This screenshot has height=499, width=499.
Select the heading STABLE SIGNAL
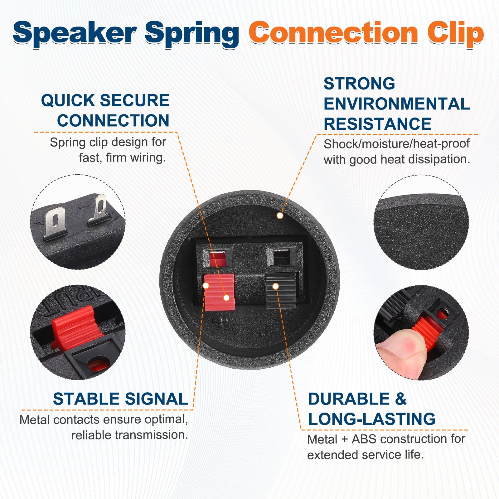coord(120,399)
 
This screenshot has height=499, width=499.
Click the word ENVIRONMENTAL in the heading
coord(397,104)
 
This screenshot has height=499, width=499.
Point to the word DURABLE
coord(349,399)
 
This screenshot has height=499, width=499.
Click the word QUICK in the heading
coord(68,100)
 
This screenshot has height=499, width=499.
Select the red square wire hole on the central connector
coord(217,259)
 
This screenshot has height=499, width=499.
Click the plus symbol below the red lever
coord(220,320)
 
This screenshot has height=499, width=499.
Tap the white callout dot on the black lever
coord(275,286)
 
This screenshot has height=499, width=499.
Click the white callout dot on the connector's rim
coord(280,216)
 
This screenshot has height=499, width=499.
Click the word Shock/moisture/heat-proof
coord(397,144)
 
